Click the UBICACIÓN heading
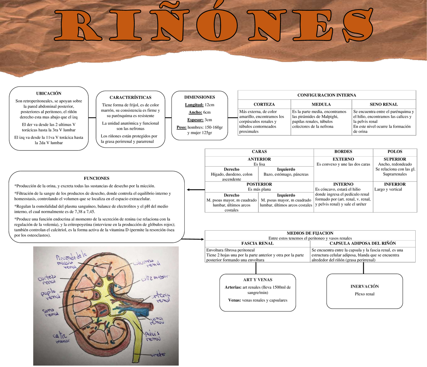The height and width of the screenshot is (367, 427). click(49, 94)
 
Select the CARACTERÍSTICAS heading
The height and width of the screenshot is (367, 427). click(130, 97)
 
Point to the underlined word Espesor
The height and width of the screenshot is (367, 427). click(194, 120)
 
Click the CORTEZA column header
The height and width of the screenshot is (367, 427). click(264, 104)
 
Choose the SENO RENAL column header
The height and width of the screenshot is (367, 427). click(384, 104)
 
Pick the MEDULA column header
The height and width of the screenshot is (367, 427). click(321, 104)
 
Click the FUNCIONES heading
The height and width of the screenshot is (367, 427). click(96, 178)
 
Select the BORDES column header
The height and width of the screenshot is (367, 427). click(343, 152)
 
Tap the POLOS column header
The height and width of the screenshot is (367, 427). click(395, 152)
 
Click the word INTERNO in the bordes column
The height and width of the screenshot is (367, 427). click(343, 184)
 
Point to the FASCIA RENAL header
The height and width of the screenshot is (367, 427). click(257, 243)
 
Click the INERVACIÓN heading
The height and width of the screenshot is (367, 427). click(365, 286)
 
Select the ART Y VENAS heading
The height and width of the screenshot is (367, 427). click(258, 280)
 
